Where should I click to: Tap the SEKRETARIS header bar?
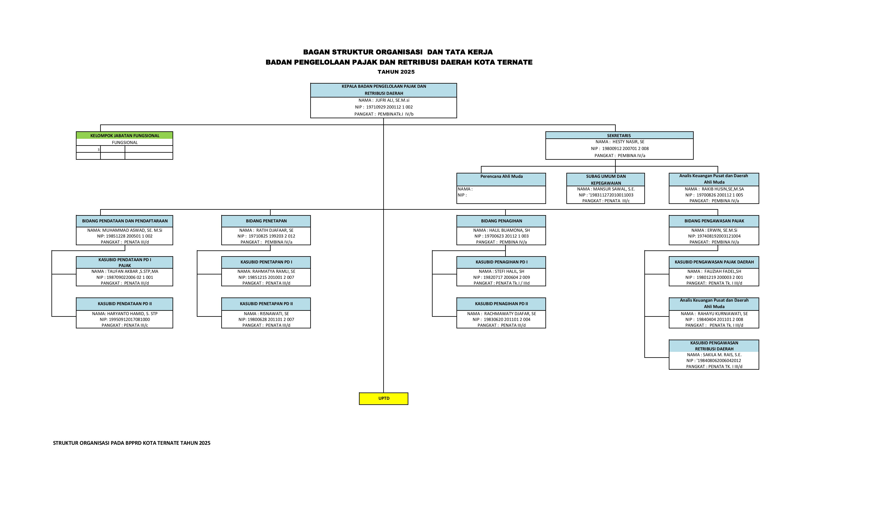pyautogui.click(x=619, y=135)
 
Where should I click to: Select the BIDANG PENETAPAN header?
pyautogui.click(x=266, y=221)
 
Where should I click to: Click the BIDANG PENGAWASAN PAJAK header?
pyautogui.click(x=714, y=221)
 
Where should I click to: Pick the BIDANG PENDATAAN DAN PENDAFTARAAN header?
pyautogui.click(x=125, y=221)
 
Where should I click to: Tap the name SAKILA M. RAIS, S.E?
pyautogui.click(x=722, y=355)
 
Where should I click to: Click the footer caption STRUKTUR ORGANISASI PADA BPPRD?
pyautogui.click(x=131, y=443)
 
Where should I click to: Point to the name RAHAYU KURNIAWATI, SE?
pyautogui.click(x=723, y=314)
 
